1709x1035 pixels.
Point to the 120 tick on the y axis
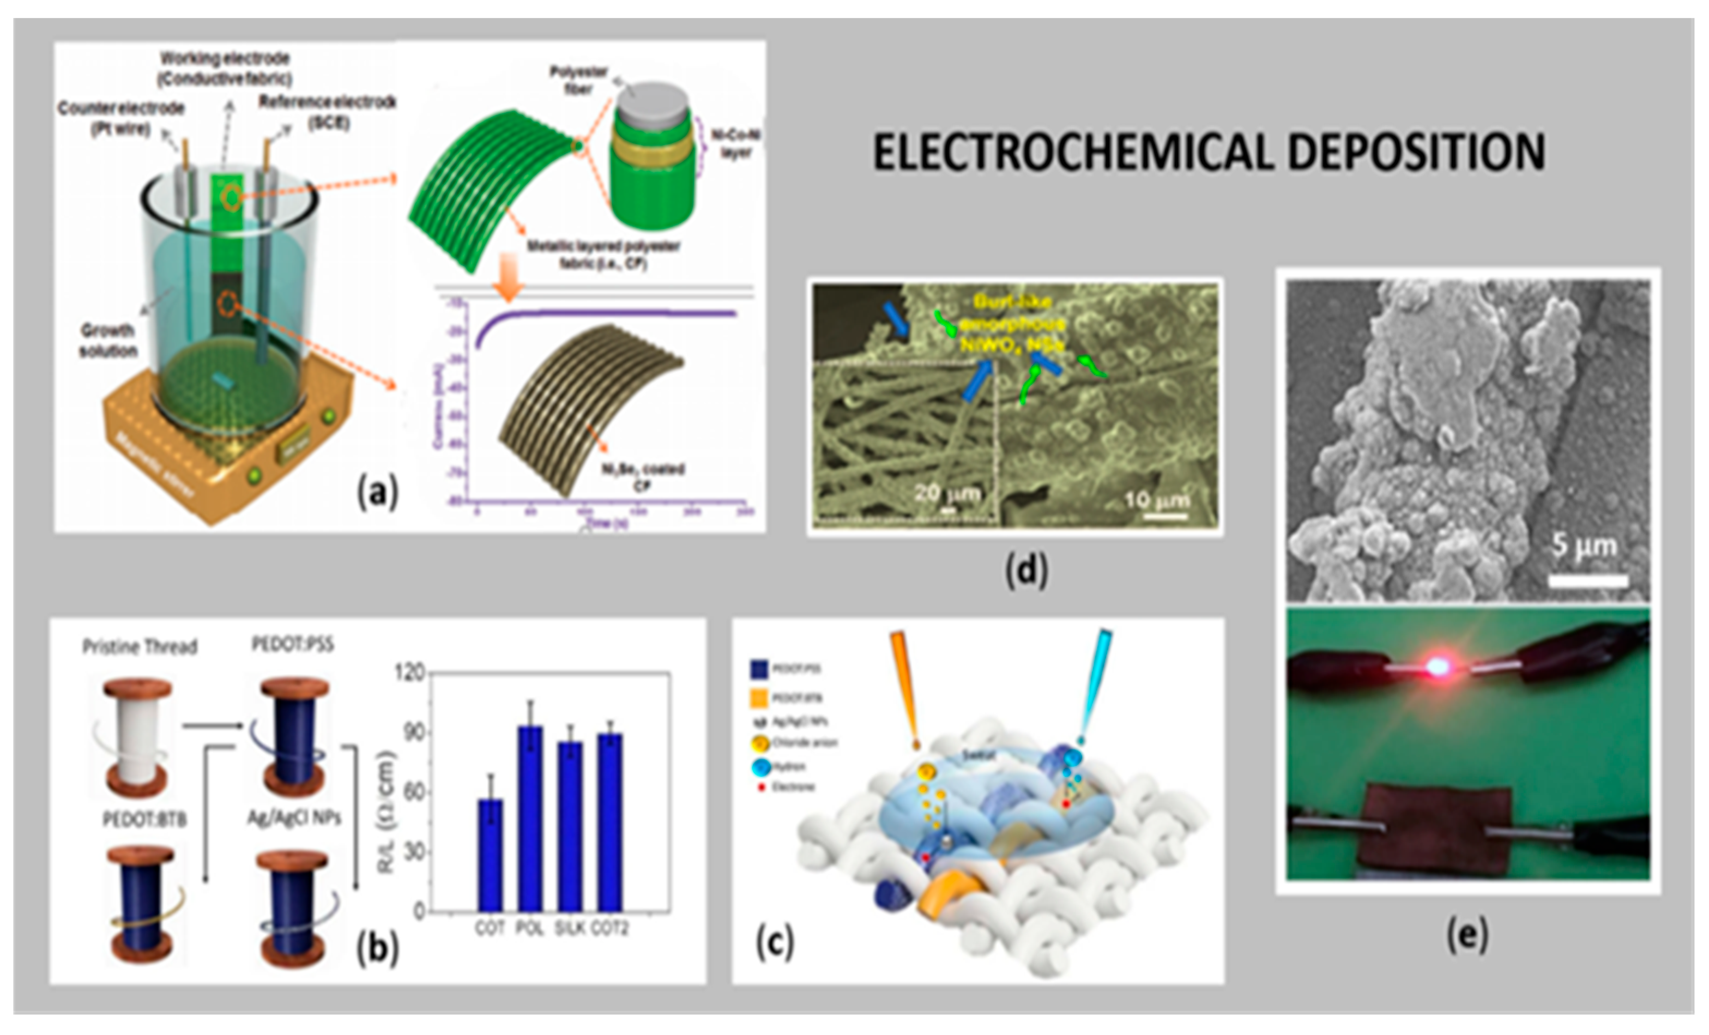408,673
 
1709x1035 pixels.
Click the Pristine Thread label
140,647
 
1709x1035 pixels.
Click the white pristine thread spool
137,739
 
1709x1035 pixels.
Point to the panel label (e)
1467,935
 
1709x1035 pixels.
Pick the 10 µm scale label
1156,499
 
